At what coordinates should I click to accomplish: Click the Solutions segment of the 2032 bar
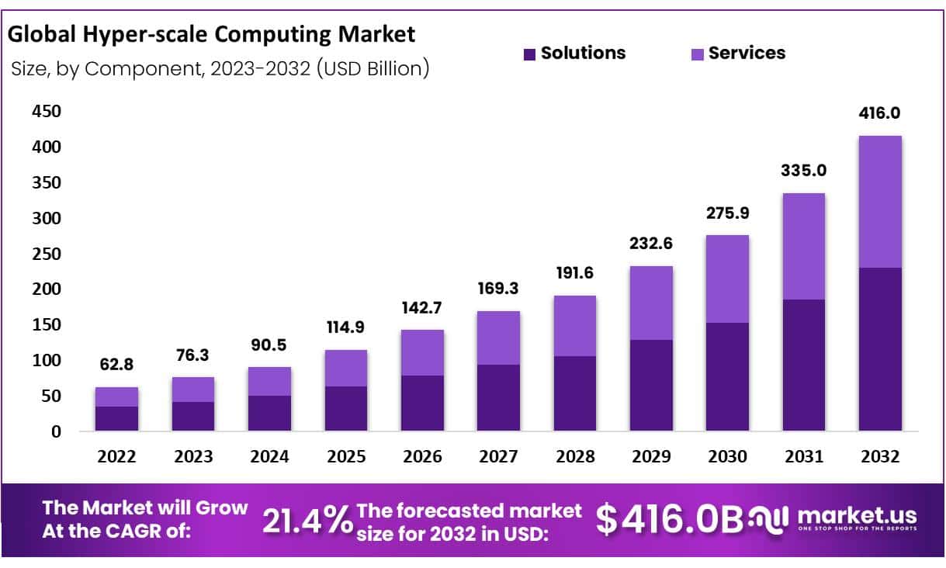tap(880, 349)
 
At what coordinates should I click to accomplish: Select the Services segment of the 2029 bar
tap(650, 303)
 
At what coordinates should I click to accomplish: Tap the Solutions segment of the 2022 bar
tap(116, 418)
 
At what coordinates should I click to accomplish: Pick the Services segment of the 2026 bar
tap(421, 352)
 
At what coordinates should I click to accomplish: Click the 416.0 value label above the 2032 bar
tap(880, 113)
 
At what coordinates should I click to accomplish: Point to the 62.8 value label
tap(116, 364)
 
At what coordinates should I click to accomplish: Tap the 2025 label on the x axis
tap(346, 457)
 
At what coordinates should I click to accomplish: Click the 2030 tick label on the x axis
tap(727, 457)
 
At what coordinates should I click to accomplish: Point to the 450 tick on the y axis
tap(47, 112)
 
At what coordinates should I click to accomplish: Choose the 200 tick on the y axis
tap(47, 289)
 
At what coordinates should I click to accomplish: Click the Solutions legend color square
tap(530, 54)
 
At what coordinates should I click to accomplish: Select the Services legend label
tap(747, 53)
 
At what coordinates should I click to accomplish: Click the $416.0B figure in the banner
tap(670, 519)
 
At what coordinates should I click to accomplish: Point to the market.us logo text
tap(857, 516)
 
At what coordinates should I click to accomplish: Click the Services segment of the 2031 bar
tap(804, 246)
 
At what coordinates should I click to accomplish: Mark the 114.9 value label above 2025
tap(346, 327)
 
